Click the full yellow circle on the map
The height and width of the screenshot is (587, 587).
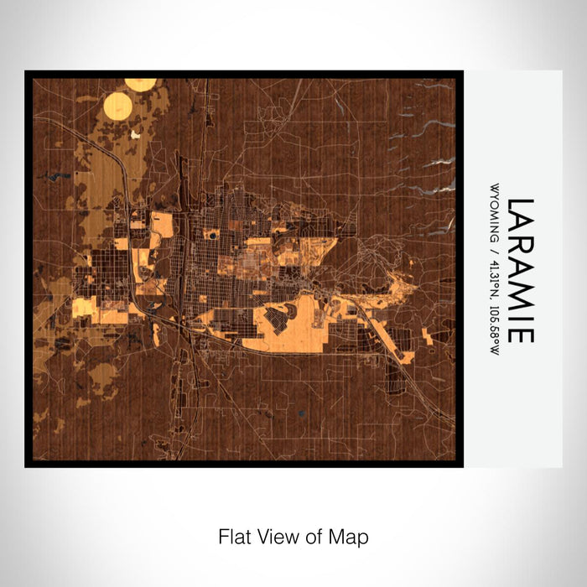pos(118,106)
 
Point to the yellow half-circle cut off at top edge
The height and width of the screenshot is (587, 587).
pos(140,83)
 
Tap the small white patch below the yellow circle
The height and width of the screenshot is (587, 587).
pos(135,132)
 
